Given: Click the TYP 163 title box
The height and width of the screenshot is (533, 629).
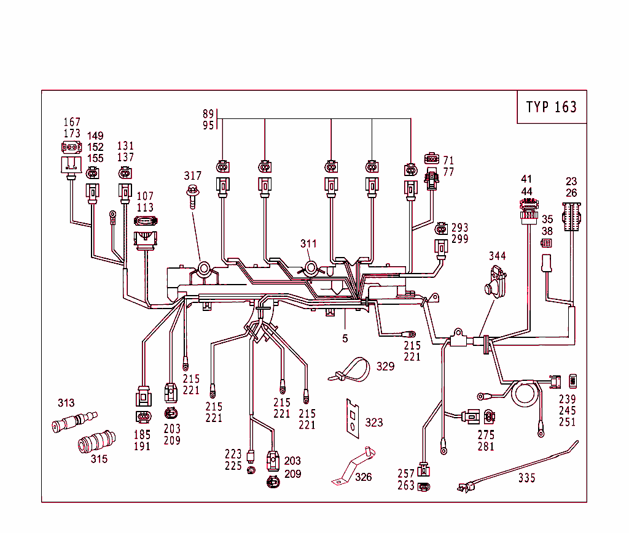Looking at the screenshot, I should [552, 107].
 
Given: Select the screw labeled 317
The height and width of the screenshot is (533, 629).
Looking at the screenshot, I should [193, 196].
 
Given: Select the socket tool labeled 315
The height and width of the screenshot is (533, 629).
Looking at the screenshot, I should [96, 441].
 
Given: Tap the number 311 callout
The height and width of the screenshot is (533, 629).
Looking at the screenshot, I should [309, 243].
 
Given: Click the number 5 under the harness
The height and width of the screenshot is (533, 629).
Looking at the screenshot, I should [345, 338].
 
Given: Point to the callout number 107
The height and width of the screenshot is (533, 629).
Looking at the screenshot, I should [146, 196].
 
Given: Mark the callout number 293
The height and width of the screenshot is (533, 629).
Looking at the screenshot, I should [460, 228].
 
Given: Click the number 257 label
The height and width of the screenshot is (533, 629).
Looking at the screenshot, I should [406, 474].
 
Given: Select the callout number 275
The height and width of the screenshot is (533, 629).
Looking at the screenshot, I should [486, 435].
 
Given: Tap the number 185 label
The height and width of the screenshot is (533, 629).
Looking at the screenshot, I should [142, 435].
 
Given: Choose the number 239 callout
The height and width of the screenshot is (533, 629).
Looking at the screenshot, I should [567, 399].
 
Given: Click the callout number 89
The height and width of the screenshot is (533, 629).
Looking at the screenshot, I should [208, 113].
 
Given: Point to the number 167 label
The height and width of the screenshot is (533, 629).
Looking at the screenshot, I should [72, 122].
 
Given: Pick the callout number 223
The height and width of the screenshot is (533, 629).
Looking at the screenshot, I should [233, 454].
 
